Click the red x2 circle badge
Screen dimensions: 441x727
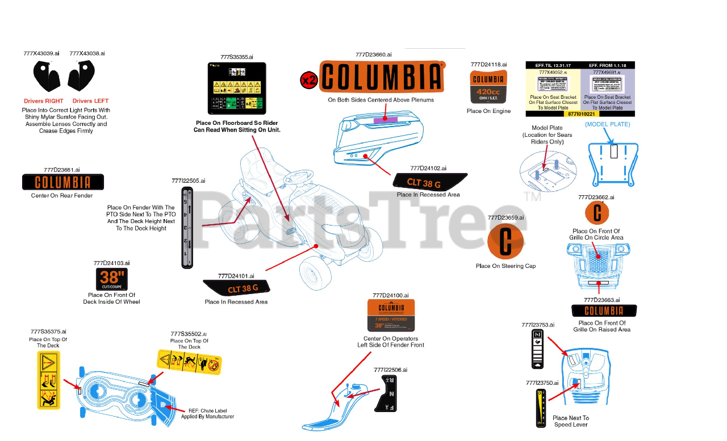coord(308,81)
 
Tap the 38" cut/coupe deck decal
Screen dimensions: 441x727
coord(111,279)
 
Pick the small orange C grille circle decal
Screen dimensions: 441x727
coord(597,213)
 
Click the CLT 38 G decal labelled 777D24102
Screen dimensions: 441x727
coord(430,182)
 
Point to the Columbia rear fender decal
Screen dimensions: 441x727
coord(63,182)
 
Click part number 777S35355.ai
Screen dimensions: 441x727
coord(237,57)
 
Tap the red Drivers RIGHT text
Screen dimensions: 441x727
coord(43,101)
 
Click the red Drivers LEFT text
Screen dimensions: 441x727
coord(90,101)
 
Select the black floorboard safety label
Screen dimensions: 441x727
coord(237,89)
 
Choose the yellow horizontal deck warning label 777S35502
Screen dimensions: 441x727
coord(189,362)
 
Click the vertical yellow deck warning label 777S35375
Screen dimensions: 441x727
coord(49,380)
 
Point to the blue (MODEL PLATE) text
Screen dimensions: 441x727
coord(608,124)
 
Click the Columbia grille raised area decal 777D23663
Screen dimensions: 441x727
coord(604,310)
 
